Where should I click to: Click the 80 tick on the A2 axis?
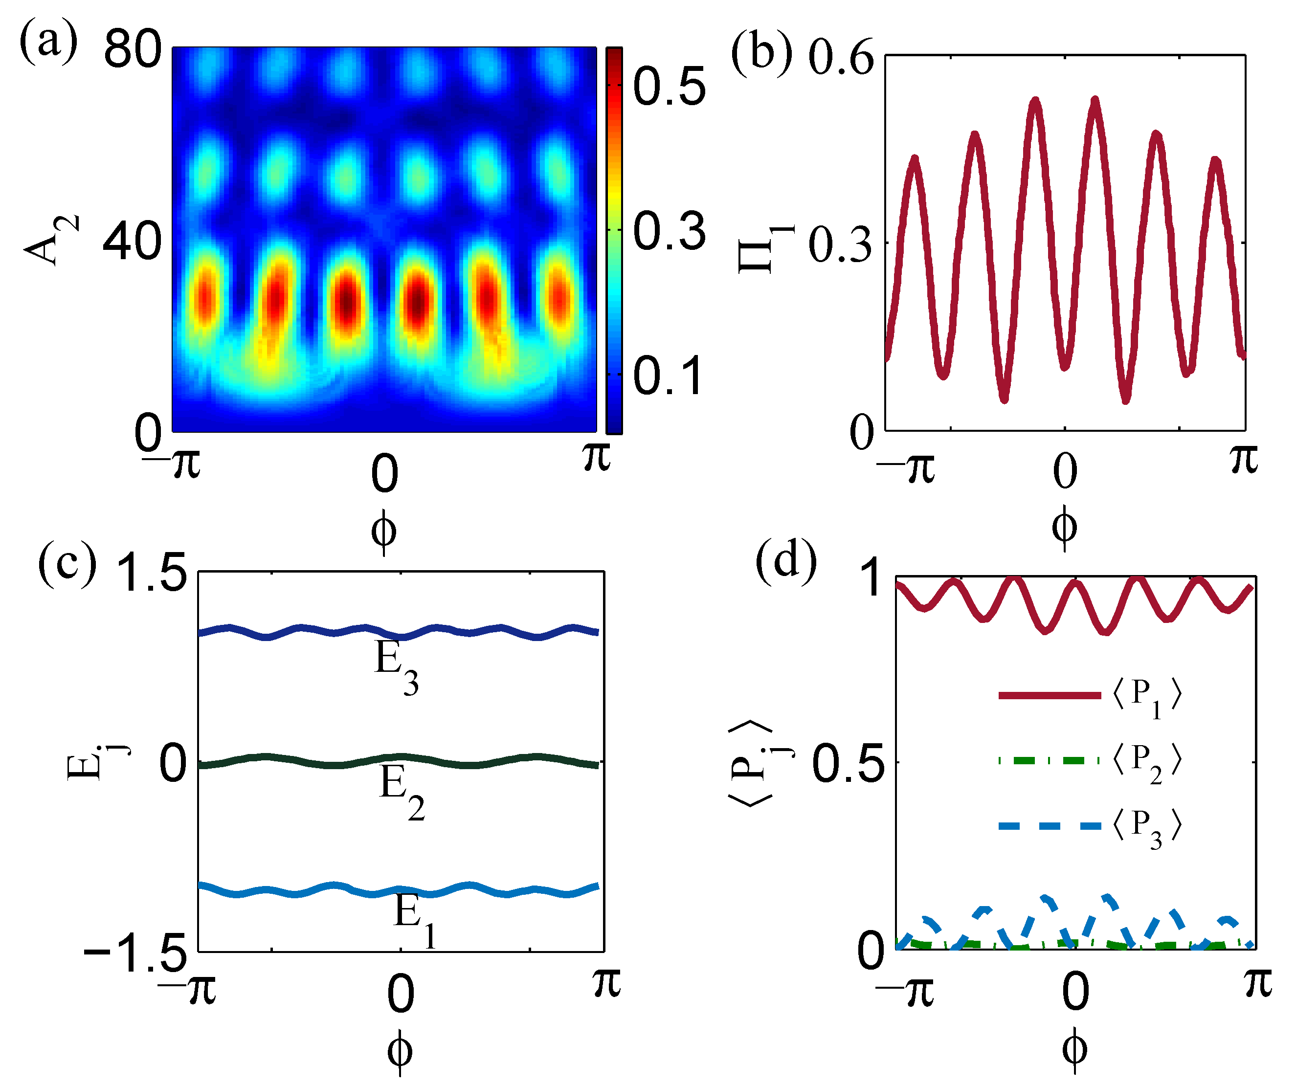pos(132,49)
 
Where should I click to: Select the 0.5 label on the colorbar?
pos(669,87)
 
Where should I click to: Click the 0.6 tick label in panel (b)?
pos(841,58)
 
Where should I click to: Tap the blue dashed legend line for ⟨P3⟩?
pos(1049,825)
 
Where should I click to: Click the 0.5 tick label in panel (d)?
pos(848,764)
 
